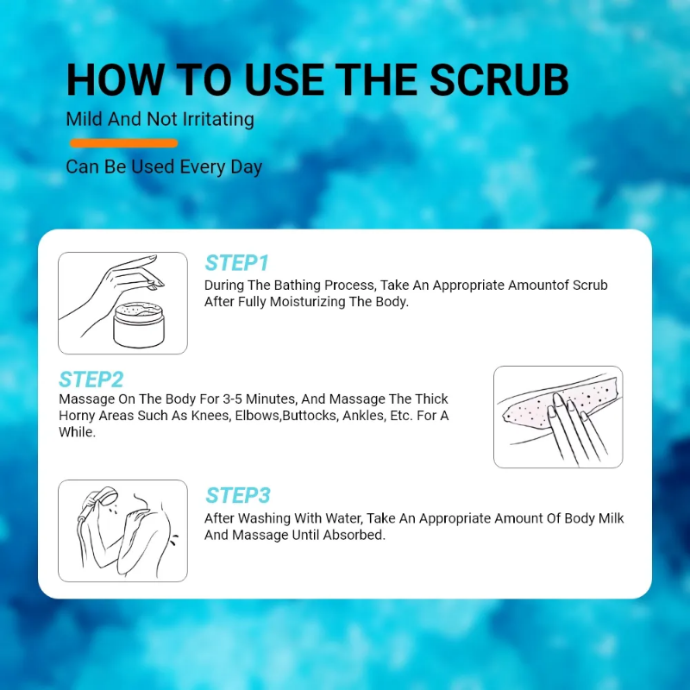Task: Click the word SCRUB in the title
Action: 499,79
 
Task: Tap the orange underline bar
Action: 123,143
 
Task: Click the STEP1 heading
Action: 236,263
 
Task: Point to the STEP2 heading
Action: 91,379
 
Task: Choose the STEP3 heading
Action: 238,495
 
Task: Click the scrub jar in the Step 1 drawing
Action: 139,325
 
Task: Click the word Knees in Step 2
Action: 210,416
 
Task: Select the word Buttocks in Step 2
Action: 310,416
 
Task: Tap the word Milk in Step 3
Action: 611,518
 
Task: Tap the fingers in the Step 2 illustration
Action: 574,429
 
